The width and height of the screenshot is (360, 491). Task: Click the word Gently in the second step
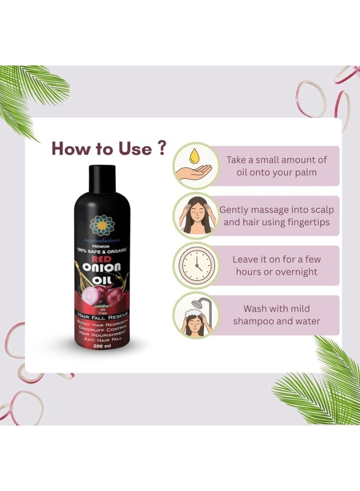click(235, 209)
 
